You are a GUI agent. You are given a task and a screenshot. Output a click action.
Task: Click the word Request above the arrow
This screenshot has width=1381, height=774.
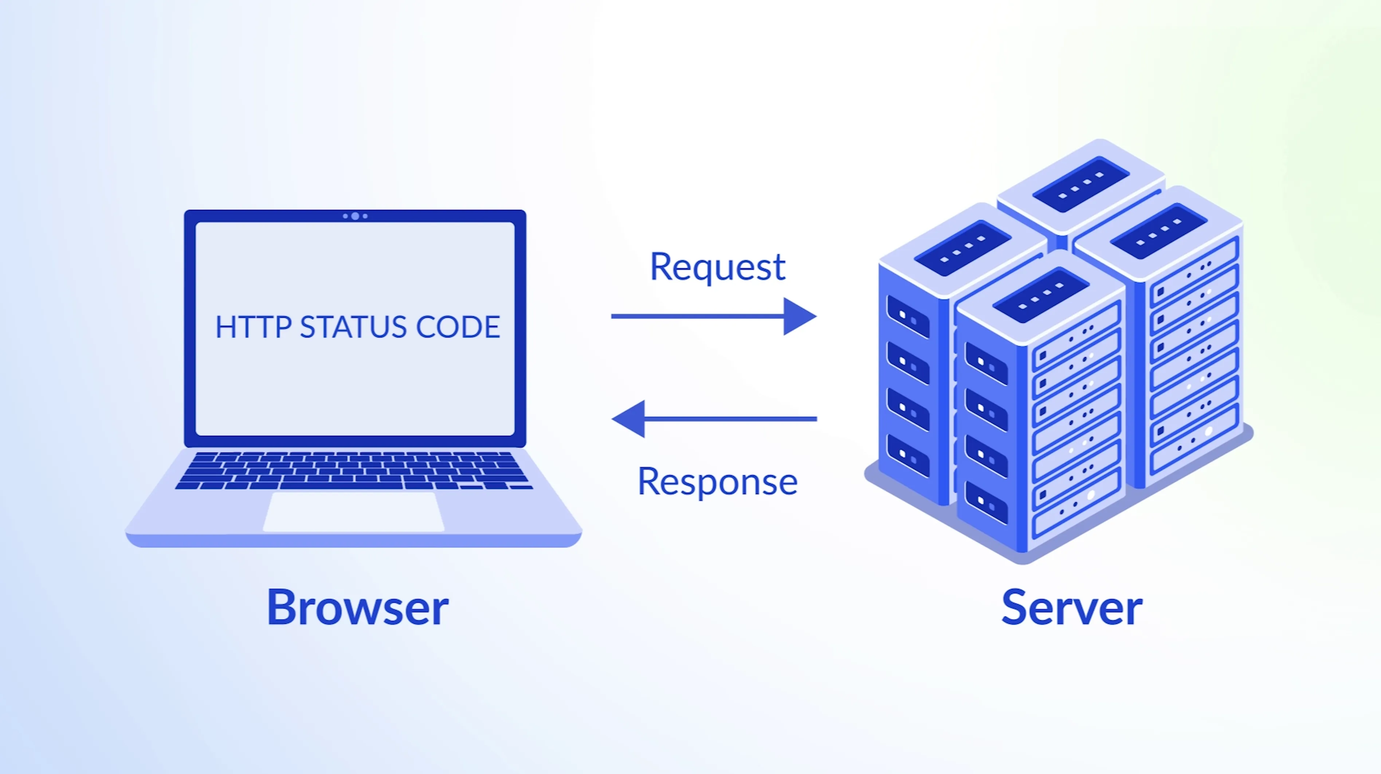pyautogui.click(x=717, y=267)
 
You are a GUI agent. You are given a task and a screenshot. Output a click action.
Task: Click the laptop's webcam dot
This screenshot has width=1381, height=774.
pyautogui.click(x=354, y=216)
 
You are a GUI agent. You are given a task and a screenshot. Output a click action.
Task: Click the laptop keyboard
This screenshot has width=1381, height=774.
pyautogui.click(x=354, y=470)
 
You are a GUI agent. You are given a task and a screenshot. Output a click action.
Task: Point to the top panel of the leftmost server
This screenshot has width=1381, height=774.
pyautogui.click(x=962, y=248)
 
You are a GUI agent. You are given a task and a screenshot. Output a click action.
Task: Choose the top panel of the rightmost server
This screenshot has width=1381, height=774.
pyautogui.click(x=1158, y=231)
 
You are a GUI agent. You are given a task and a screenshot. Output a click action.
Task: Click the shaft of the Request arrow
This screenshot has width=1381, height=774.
pyautogui.click(x=697, y=316)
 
